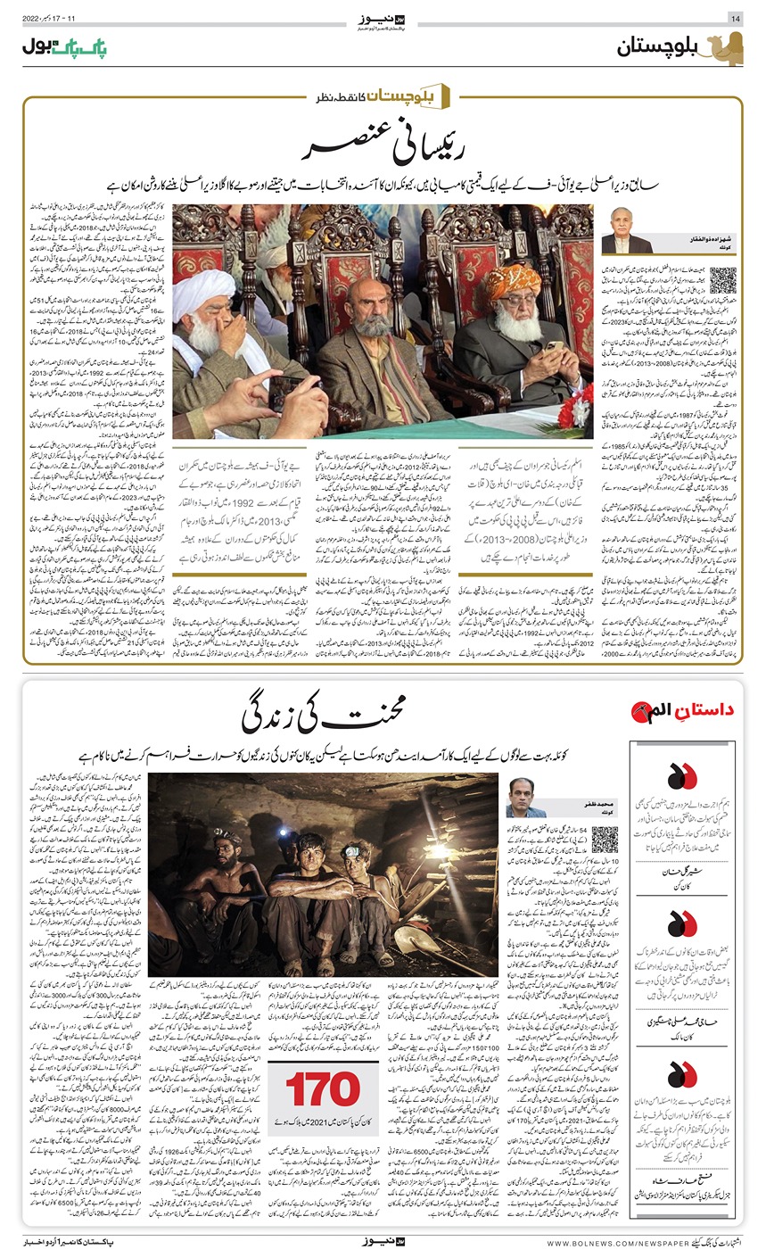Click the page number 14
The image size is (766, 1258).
pyautogui.click(x=735, y=18)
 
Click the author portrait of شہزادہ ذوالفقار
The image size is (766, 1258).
pyautogui.click(x=628, y=230)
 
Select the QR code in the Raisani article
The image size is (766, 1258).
pyautogui.click(x=723, y=279)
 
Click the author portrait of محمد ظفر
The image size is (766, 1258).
pyautogui.click(x=525, y=797)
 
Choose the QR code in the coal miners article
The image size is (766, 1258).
pyautogui.click(x=605, y=839)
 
